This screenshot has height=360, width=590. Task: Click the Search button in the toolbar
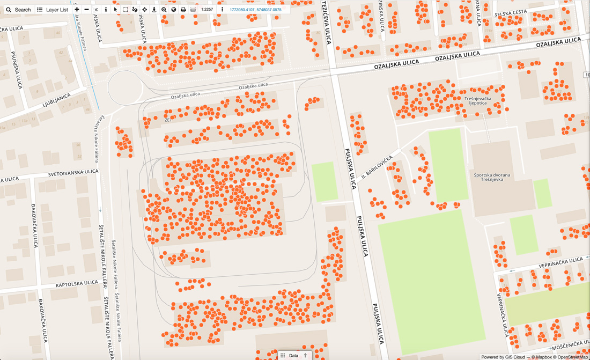tap(18, 10)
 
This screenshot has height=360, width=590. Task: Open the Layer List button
tap(53, 10)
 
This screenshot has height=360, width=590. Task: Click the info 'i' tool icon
tap(106, 10)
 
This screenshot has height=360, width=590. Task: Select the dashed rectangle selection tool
tap(125, 10)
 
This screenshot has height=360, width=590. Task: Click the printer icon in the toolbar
tap(183, 10)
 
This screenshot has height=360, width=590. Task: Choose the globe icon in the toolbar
tap(173, 10)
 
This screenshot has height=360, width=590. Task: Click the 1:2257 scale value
tap(207, 10)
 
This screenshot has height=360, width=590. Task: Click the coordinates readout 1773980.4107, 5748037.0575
tap(255, 10)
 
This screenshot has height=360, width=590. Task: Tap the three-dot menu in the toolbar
tap(222, 10)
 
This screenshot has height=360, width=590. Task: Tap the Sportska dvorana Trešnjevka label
tap(492, 178)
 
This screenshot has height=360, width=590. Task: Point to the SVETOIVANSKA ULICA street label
tap(73, 173)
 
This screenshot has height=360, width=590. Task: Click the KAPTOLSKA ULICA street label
tap(77, 284)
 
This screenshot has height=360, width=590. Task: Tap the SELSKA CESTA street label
tap(511, 12)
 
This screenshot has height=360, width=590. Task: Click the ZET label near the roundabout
tap(168, 120)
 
